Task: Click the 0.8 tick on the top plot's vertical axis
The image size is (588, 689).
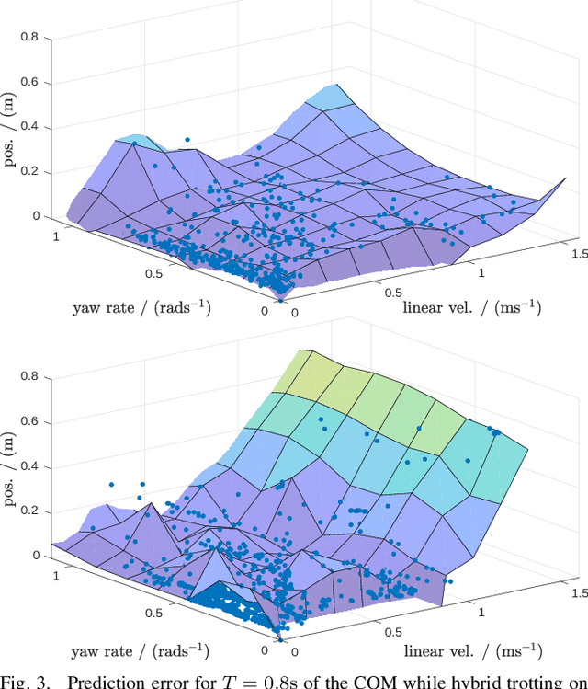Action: tap(31, 38)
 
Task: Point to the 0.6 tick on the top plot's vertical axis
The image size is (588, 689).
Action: tap(31, 83)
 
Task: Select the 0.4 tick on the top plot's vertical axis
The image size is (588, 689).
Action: tap(31, 127)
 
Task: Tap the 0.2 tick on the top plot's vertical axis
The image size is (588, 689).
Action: tap(31, 172)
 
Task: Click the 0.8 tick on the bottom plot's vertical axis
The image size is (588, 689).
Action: tap(31, 376)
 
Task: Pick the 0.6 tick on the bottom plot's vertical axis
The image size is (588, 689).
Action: tap(31, 421)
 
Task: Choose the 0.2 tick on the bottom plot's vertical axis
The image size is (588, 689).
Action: tap(31, 511)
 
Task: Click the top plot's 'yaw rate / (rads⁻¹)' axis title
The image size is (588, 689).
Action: tap(141, 307)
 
